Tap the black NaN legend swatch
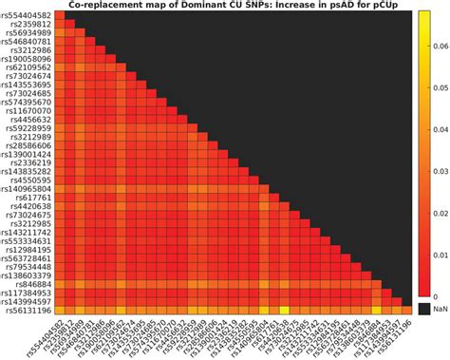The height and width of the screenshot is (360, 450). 424,310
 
